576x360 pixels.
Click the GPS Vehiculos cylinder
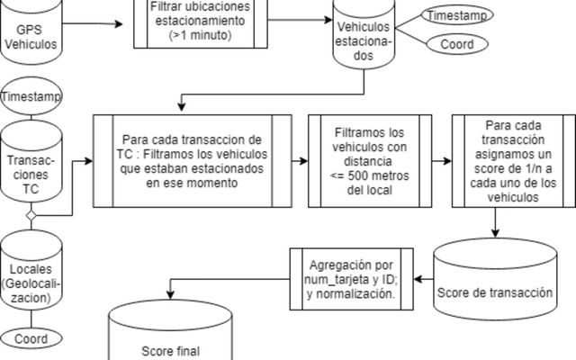[x=32, y=36]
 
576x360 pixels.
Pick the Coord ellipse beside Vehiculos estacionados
[x=456, y=44]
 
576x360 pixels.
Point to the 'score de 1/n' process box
[x=513, y=162]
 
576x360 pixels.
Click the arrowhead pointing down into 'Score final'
[x=167, y=298]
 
